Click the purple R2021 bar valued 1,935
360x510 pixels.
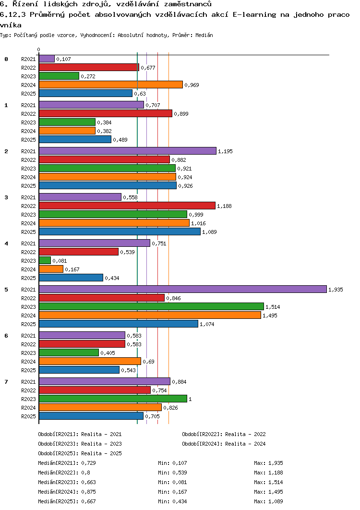[x=183, y=289]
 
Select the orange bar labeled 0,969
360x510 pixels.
[x=111, y=85]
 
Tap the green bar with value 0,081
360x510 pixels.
[x=45, y=261]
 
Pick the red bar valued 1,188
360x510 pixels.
[x=127, y=206]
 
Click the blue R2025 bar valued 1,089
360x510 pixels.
[x=120, y=231]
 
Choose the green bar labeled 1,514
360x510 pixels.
[x=152, y=306]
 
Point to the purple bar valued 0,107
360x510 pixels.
[x=47, y=59]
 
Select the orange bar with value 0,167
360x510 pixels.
[x=51, y=269]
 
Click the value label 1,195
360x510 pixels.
[x=226, y=151]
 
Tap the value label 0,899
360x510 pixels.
[x=181, y=114]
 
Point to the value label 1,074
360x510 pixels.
[x=207, y=324]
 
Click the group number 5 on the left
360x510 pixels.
[x=6, y=290]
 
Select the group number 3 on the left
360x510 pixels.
[x=6, y=197]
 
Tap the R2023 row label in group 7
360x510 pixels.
[x=29, y=399]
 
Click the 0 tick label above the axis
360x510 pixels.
[x=39, y=50]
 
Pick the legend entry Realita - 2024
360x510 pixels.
[x=245, y=444]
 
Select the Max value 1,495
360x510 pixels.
[x=276, y=492]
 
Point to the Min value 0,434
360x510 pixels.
[x=180, y=501]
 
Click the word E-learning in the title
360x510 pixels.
[x=254, y=14]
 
